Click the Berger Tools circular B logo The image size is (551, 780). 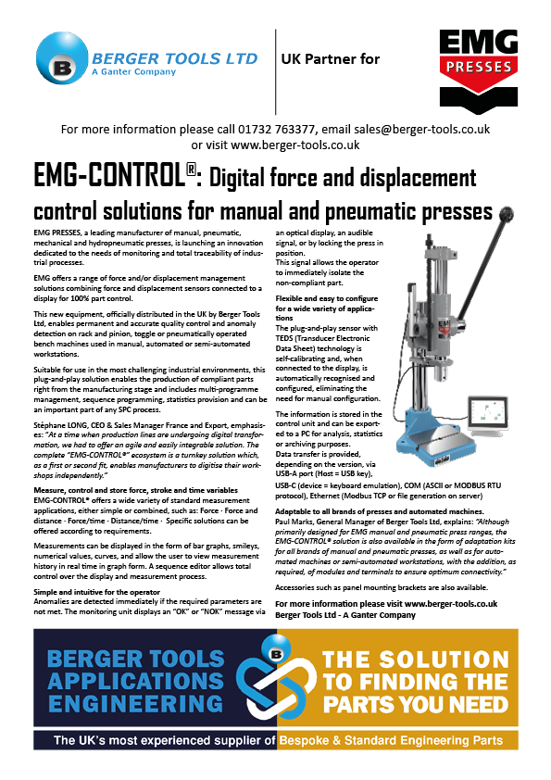click(x=60, y=67)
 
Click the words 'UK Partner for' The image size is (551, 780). click(x=330, y=59)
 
